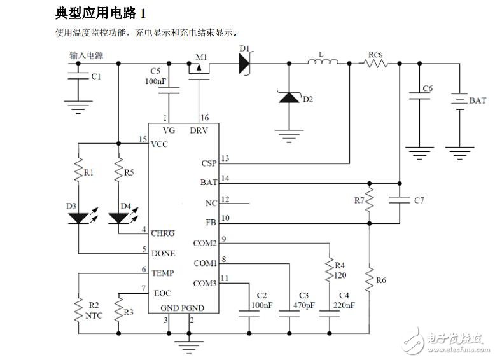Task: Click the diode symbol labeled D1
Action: coord(245,63)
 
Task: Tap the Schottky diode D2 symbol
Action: coord(290,98)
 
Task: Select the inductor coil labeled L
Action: coord(324,62)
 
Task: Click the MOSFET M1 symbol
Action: coord(199,68)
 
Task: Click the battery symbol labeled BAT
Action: coord(459,100)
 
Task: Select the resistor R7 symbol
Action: coord(370,201)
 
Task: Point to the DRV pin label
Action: coord(199,130)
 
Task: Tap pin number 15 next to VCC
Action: coord(143,139)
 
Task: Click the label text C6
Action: coord(427,88)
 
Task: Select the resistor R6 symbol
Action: coord(370,279)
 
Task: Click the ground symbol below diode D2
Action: coord(290,134)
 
